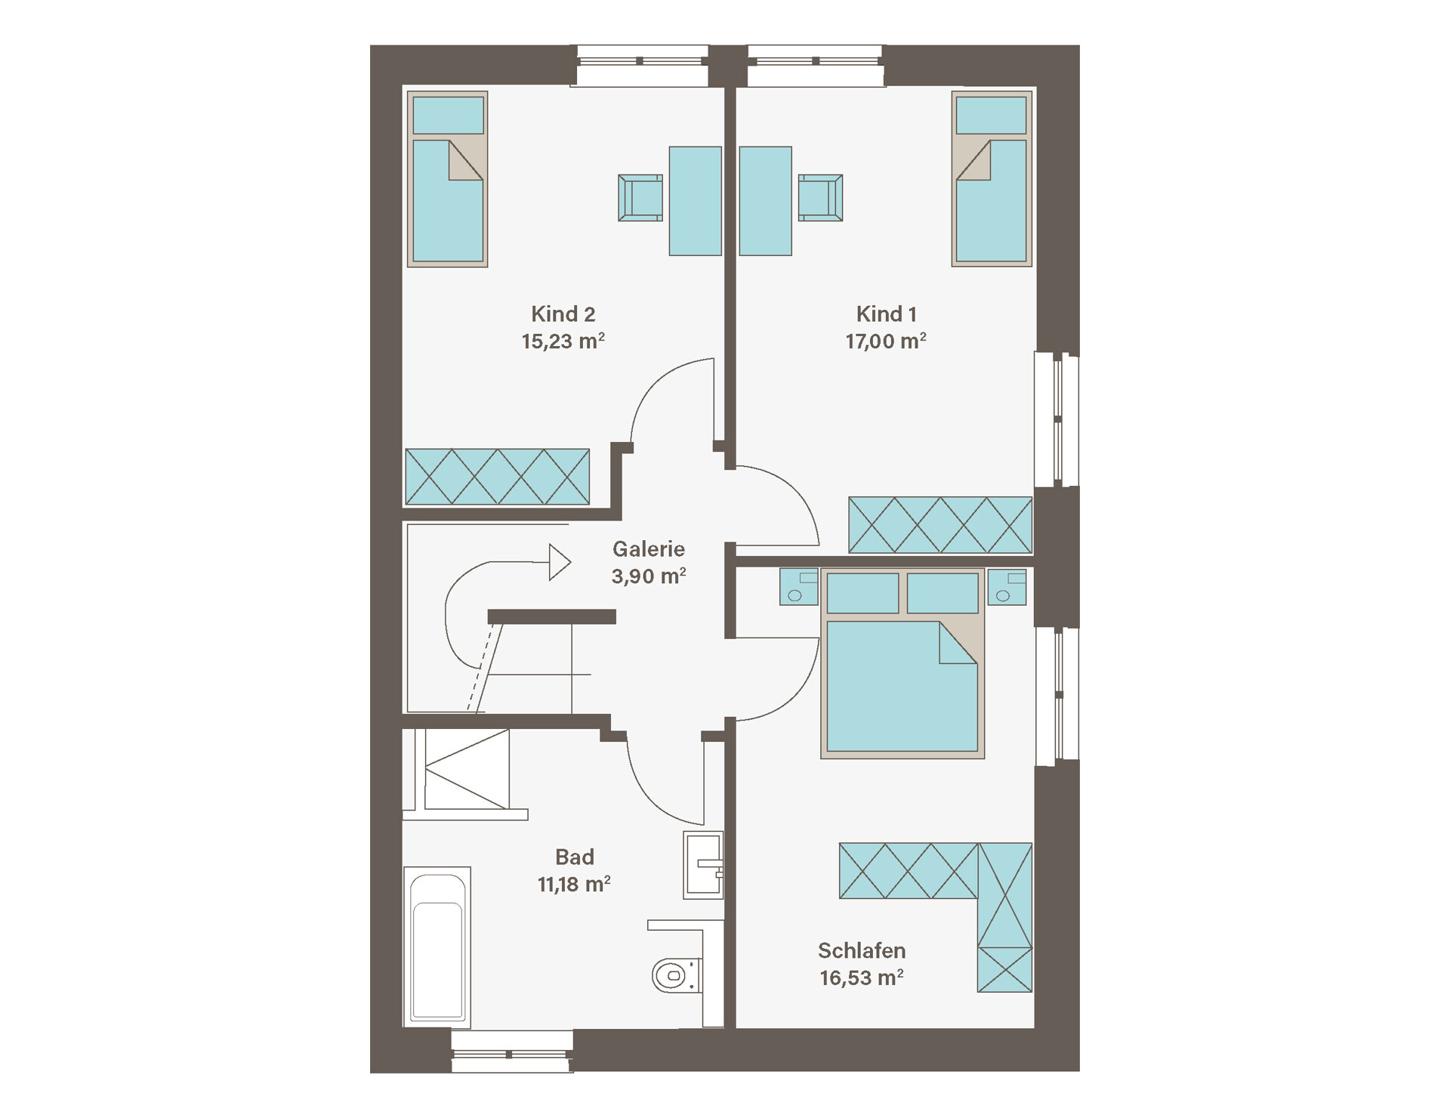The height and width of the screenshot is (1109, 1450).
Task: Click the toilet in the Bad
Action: pos(676,975)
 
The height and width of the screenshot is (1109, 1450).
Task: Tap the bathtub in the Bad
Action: pos(437,947)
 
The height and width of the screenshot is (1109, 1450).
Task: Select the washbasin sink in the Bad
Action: pos(703,865)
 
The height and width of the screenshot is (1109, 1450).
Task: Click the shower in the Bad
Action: pos(464,771)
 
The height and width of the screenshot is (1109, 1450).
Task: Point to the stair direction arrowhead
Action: pos(560,563)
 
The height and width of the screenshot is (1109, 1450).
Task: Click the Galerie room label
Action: pos(649,548)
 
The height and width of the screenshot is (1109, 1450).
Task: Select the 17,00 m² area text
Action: pos(886,341)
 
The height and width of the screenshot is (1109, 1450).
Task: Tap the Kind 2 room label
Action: pos(563,314)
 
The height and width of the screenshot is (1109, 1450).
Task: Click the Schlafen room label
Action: pos(862,950)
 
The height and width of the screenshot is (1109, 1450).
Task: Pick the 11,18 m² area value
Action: pos(574,884)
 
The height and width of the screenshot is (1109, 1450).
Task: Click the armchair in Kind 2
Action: pos(640,198)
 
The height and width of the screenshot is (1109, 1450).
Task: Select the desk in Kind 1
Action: pos(766,201)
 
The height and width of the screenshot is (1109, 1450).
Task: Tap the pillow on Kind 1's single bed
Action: pos(992,116)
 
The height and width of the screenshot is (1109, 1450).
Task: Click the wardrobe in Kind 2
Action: pos(498,477)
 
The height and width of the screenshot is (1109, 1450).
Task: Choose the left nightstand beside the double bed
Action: pos(799,587)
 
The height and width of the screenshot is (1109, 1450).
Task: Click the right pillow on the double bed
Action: pos(942,593)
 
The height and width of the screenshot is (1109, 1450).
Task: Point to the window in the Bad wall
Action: pos(512,1051)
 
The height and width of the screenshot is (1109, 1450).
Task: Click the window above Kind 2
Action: pos(643,66)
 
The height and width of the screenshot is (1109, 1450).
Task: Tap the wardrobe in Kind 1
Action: pos(940,524)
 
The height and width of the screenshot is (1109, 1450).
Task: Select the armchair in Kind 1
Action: pos(820,198)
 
